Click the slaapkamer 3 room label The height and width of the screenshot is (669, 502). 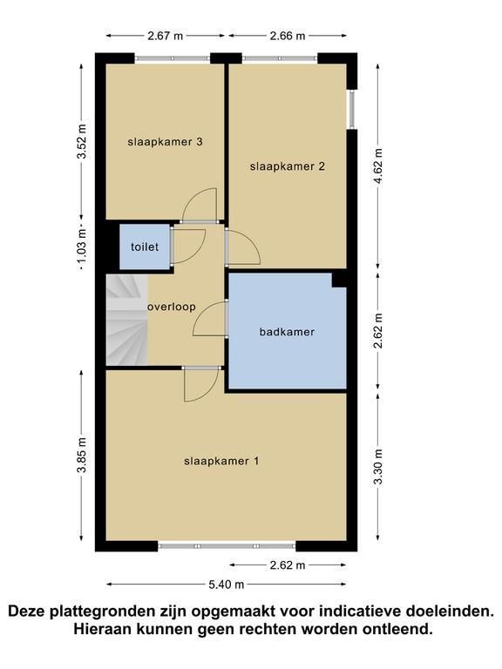165,142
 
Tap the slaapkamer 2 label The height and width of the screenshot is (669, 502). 288,166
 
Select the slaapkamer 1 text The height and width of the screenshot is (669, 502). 221,461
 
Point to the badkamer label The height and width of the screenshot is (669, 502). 287,332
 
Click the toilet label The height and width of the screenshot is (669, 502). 145,247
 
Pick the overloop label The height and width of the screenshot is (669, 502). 172,307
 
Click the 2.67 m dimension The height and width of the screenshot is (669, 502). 166,36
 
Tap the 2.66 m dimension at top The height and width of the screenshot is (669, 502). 288,36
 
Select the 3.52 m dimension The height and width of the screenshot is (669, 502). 82,141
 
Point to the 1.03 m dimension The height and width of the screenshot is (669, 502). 82,247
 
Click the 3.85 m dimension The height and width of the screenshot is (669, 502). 82,456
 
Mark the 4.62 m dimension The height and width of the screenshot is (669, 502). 377,166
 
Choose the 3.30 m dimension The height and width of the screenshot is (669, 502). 377,468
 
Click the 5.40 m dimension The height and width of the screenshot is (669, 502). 227,585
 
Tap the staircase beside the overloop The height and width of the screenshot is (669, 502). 126,320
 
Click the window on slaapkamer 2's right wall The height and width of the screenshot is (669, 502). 352,109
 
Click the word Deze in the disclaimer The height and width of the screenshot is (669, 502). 27,611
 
